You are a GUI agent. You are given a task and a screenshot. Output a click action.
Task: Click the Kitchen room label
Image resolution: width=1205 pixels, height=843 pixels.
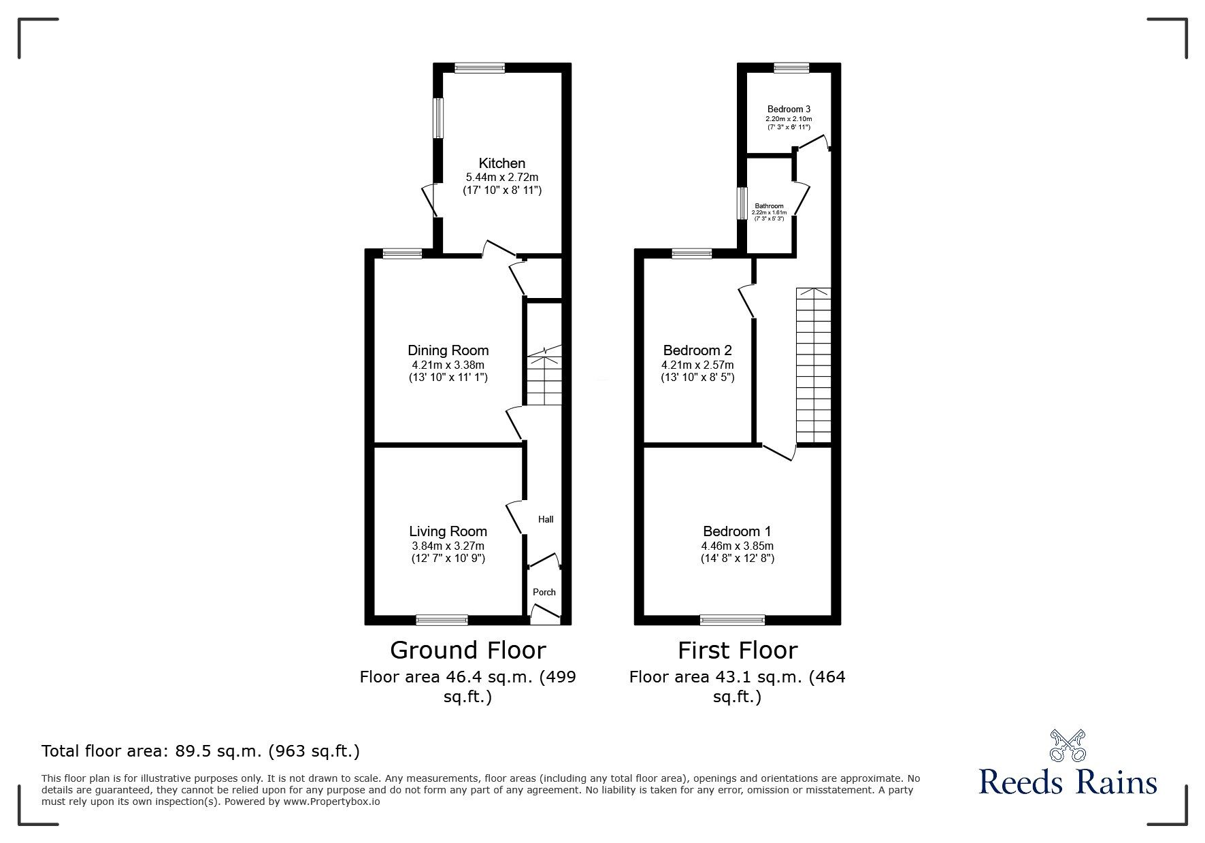point(502,163)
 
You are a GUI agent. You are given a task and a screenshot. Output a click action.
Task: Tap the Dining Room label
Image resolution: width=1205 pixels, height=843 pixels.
point(448,350)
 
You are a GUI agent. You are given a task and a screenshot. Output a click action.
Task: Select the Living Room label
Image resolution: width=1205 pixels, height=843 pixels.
point(448,531)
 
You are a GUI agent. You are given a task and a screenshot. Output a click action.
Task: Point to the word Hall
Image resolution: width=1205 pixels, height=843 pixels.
point(546,519)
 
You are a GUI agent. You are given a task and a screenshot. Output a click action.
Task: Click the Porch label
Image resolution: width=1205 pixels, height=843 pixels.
point(544,592)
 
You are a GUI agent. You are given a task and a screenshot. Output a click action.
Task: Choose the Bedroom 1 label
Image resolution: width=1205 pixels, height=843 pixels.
point(737,531)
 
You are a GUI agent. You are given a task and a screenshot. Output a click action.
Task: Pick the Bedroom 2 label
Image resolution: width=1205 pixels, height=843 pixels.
point(697,350)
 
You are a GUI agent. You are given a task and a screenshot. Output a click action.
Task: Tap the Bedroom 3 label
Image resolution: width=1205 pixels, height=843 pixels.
point(789,109)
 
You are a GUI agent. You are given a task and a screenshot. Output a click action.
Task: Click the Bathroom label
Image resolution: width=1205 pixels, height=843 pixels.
point(769,206)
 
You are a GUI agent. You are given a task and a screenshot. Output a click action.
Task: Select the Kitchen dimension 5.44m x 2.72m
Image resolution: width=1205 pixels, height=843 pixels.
point(502,177)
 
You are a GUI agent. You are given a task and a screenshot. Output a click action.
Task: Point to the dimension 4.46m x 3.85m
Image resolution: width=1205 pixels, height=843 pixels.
point(737,546)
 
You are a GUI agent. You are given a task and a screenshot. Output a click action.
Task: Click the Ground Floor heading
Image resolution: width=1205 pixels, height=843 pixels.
point(467,650)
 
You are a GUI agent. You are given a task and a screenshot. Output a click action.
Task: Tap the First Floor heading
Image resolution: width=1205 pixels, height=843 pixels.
point(737,650)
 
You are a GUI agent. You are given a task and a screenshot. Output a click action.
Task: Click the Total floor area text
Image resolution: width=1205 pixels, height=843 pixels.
point(201,751)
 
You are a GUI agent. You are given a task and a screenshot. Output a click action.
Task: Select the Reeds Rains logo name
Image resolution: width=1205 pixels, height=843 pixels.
point(1068,782)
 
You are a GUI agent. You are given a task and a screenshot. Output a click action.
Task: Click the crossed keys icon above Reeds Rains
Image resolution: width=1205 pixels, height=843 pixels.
point(1068,745)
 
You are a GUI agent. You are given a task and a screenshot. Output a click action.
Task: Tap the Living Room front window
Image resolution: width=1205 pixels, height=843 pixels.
point(442,620)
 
